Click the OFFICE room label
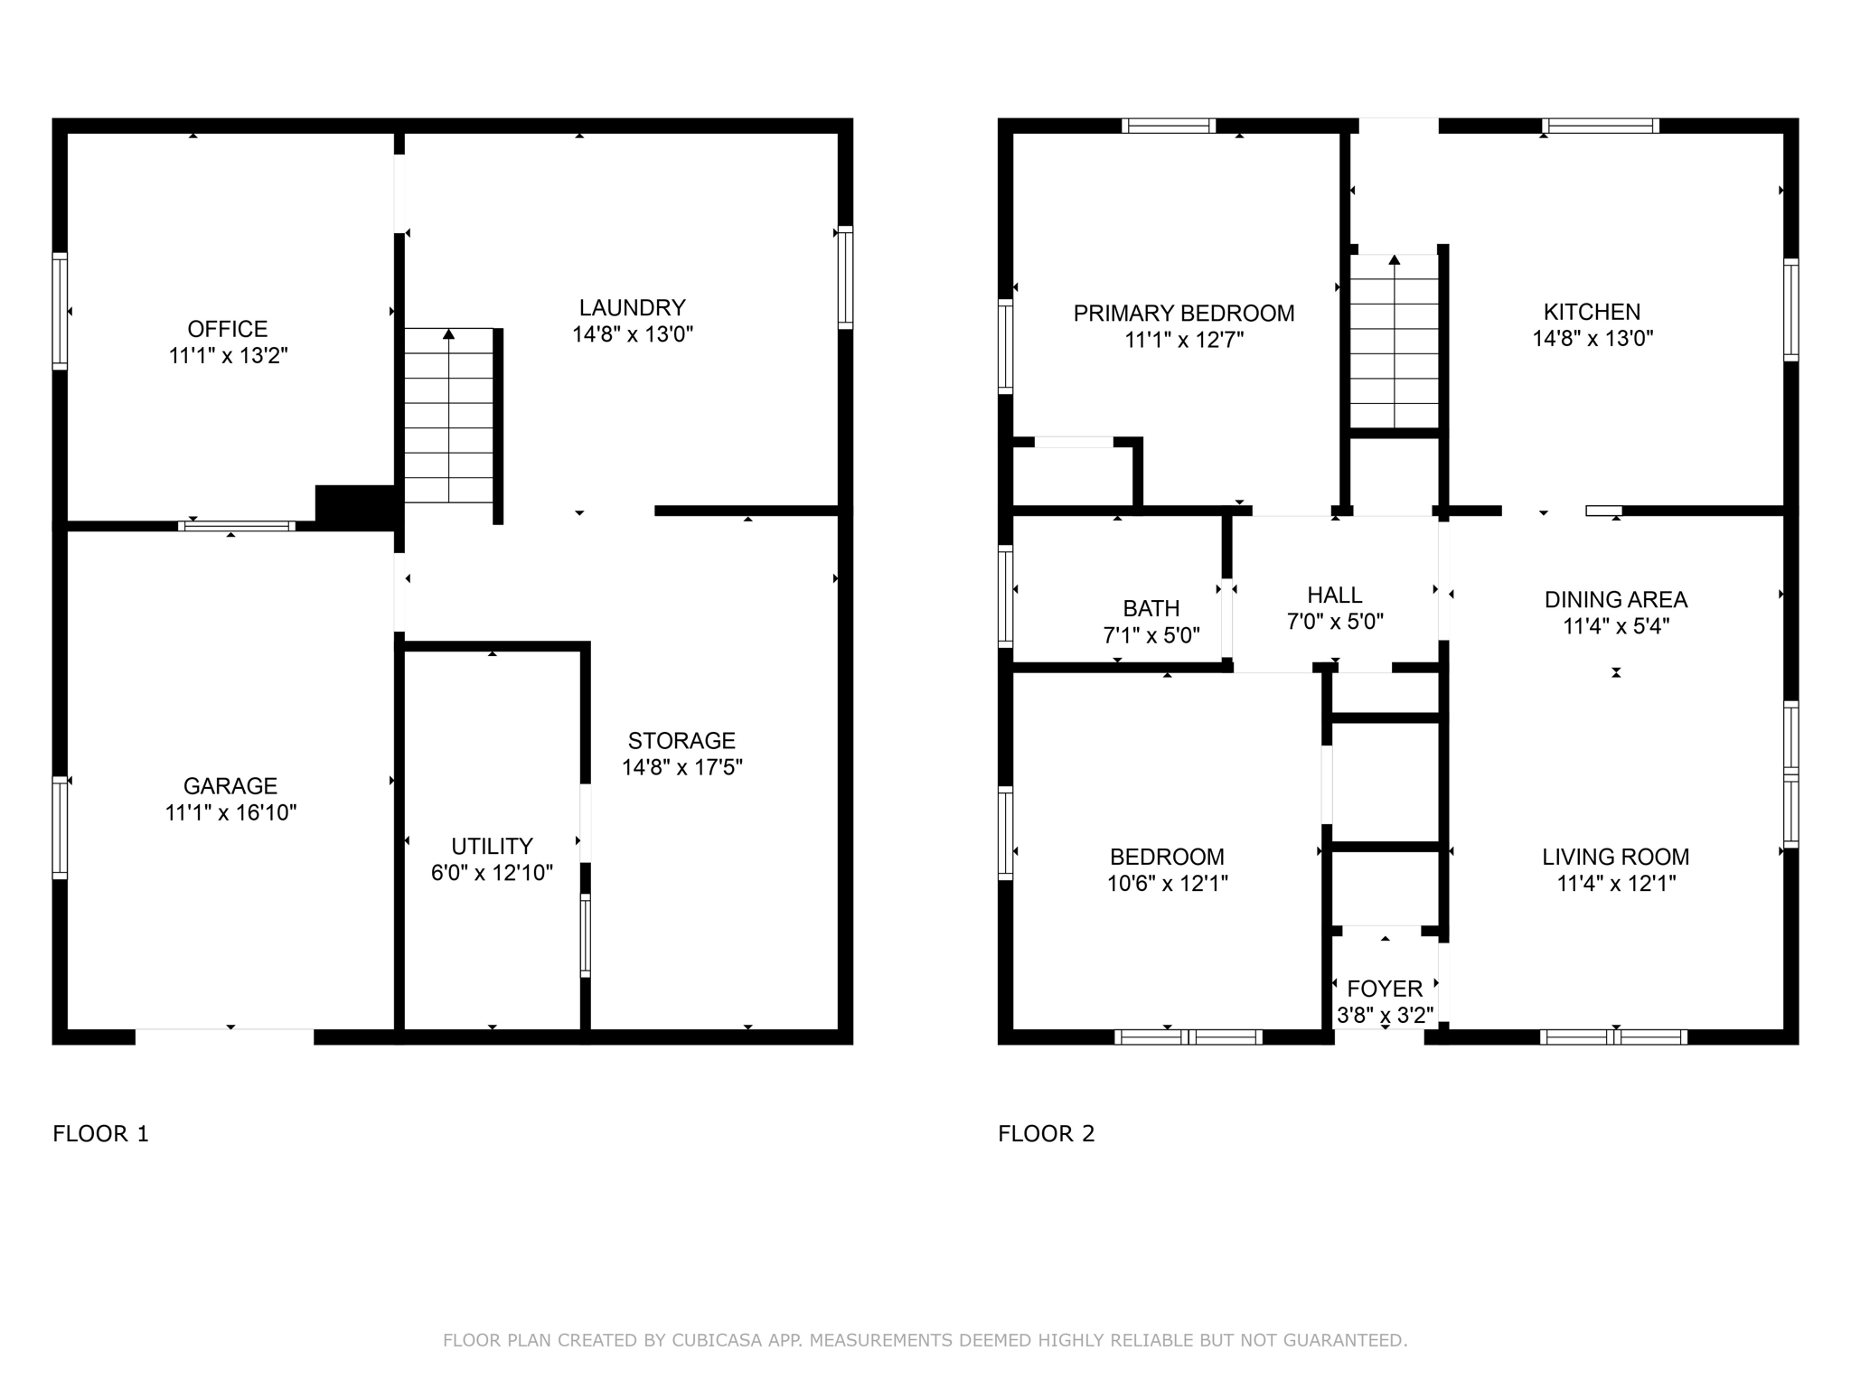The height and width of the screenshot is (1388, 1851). coord(228,329)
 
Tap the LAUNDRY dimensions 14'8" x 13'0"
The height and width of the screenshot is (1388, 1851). coord(632,334)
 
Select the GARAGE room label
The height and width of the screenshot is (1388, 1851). coord(230,786)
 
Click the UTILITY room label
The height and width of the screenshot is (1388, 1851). coord(492,846)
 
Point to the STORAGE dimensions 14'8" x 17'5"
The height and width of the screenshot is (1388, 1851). coord(681,767)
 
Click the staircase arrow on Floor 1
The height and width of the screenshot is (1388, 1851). coord(448,334)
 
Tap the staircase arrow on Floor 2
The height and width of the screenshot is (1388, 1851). coord(1394,260)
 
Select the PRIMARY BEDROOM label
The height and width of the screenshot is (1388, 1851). coord(1183,314)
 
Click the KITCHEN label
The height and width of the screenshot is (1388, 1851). coord(1592,312)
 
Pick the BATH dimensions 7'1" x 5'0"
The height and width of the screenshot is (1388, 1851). coord(1151,635)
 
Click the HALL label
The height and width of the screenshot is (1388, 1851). coord(1334,596)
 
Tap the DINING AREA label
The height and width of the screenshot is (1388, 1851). coord(1615,600)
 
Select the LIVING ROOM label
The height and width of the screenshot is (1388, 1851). coord(1615,857)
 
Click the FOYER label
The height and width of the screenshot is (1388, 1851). coord(1385,989)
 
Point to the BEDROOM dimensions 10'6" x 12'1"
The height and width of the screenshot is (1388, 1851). coord(1167,883)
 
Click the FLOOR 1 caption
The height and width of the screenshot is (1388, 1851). coord(100,1133)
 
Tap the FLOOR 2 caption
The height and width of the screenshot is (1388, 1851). coord(1046,1133)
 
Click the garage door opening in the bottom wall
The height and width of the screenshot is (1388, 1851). coord(224,1036)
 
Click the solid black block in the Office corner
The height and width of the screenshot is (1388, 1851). coord(354,507)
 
